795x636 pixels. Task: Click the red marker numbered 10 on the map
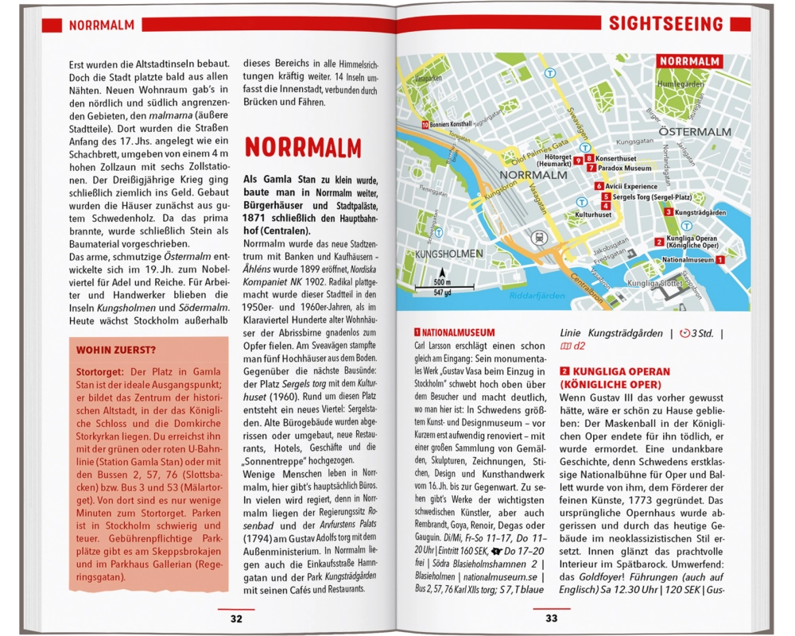425,125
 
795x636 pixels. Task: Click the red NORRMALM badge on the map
689,62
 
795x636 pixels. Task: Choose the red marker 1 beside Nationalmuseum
719,259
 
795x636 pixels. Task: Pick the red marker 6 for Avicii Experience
598,186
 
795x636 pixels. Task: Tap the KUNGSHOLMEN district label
448,254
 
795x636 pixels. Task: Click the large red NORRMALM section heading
303,149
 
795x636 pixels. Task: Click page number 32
236,619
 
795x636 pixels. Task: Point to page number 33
551,619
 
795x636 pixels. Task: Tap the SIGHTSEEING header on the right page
666,25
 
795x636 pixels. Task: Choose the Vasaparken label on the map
429,79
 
